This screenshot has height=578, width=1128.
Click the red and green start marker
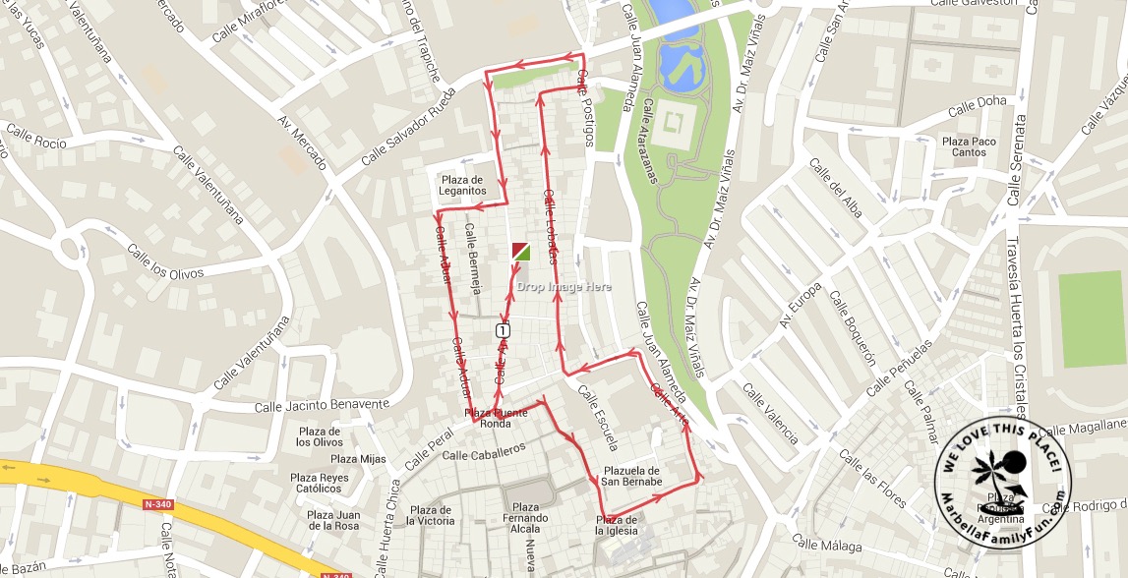pyautogui.click(x=520, y=252)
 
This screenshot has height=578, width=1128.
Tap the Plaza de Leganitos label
pyautogui.click(x=463, y=185)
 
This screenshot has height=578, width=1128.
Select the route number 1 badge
pyautogui.click(x=503, y=329)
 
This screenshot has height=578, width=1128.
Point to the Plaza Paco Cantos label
pyautogui.click(x=969, y=146)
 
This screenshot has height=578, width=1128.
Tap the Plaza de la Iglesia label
pyautogui.click(x=617, y=525)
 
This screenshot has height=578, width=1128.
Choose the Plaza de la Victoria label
pyautogui.click(x=432, y=515)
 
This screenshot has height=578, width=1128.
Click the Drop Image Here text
pyautogui.click(x=564, y=287)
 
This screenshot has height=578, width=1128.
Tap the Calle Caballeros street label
pyautogui.click(x=484, y=451)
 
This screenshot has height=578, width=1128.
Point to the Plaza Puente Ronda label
pyautogui.click(x=496, y=419)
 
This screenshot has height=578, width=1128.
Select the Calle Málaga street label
pyautogui.click(x=826, y=544)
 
